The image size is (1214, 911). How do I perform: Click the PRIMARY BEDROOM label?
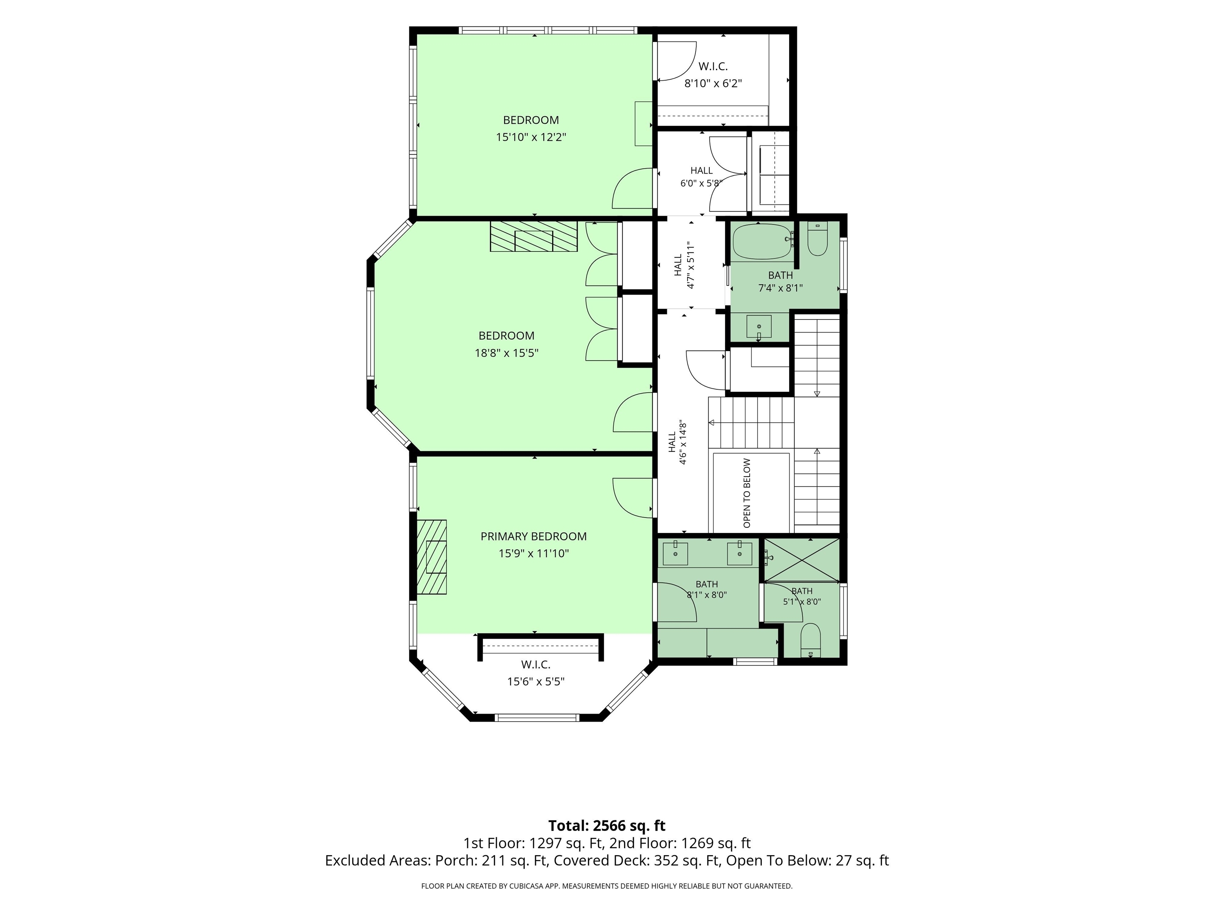click(x=533, y=537)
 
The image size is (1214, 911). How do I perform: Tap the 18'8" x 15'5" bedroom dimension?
click(x=506, y=353)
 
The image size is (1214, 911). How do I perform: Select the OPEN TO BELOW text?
click(x=746, y=493)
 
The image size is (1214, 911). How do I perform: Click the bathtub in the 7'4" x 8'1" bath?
click(x=762, y=242)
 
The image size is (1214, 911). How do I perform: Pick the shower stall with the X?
click(x=802, y=559)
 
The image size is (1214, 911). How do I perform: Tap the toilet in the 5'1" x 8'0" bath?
click(x=811, y=640)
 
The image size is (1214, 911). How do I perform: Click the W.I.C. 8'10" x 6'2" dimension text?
click(x=713, y=83)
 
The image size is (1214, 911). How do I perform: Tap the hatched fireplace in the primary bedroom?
click(x=432, y=557)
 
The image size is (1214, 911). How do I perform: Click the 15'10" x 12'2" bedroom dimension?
click(x=531, y=137)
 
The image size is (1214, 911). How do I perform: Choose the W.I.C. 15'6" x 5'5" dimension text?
click(x=535, y=681)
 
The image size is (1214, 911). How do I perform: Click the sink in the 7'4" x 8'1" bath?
click(x=759, y=327)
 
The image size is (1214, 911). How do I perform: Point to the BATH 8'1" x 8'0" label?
click(x=707, y=589)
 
